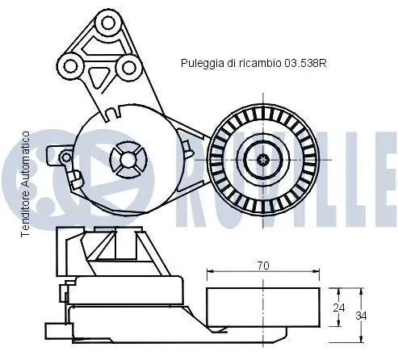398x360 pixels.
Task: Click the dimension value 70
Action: pos(263,266)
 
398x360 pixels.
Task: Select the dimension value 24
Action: pos(339,308)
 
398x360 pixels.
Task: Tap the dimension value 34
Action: pos(361,316)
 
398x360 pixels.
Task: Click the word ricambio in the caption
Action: pos(260,63)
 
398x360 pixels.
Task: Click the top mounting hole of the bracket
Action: pos(108,23)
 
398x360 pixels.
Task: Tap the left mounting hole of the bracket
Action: pos(70,66)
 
